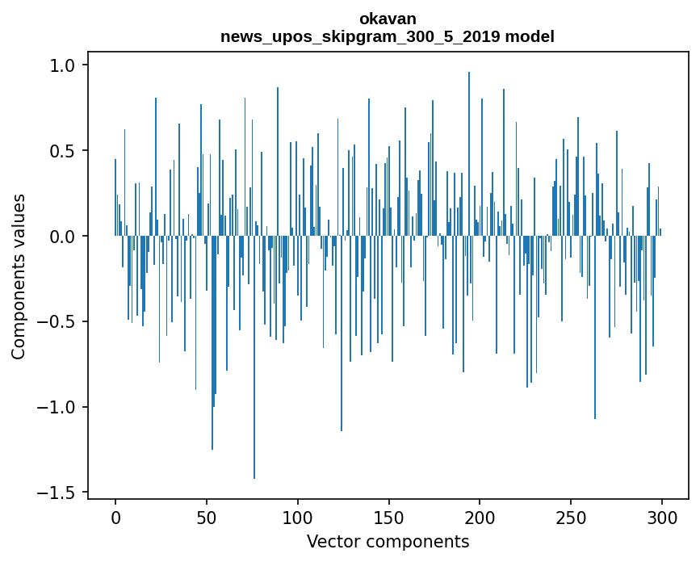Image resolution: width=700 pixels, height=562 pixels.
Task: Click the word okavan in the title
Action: point(388,18)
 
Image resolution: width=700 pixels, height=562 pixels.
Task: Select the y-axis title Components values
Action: point(18,276)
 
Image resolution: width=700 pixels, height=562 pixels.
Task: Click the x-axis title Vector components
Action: point(388,541)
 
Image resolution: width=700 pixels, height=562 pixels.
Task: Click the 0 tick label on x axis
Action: point(115,518)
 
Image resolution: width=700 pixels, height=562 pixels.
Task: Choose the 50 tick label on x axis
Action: point(207,518)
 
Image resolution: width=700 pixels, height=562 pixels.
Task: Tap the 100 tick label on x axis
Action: point(298,518)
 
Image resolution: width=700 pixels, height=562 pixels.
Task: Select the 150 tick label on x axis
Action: point(389,518)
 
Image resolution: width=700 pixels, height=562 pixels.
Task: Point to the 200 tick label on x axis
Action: point(480,518)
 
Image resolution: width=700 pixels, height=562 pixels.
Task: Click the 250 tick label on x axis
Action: point(572,518)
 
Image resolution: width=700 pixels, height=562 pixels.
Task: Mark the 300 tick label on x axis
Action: point(663,518)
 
